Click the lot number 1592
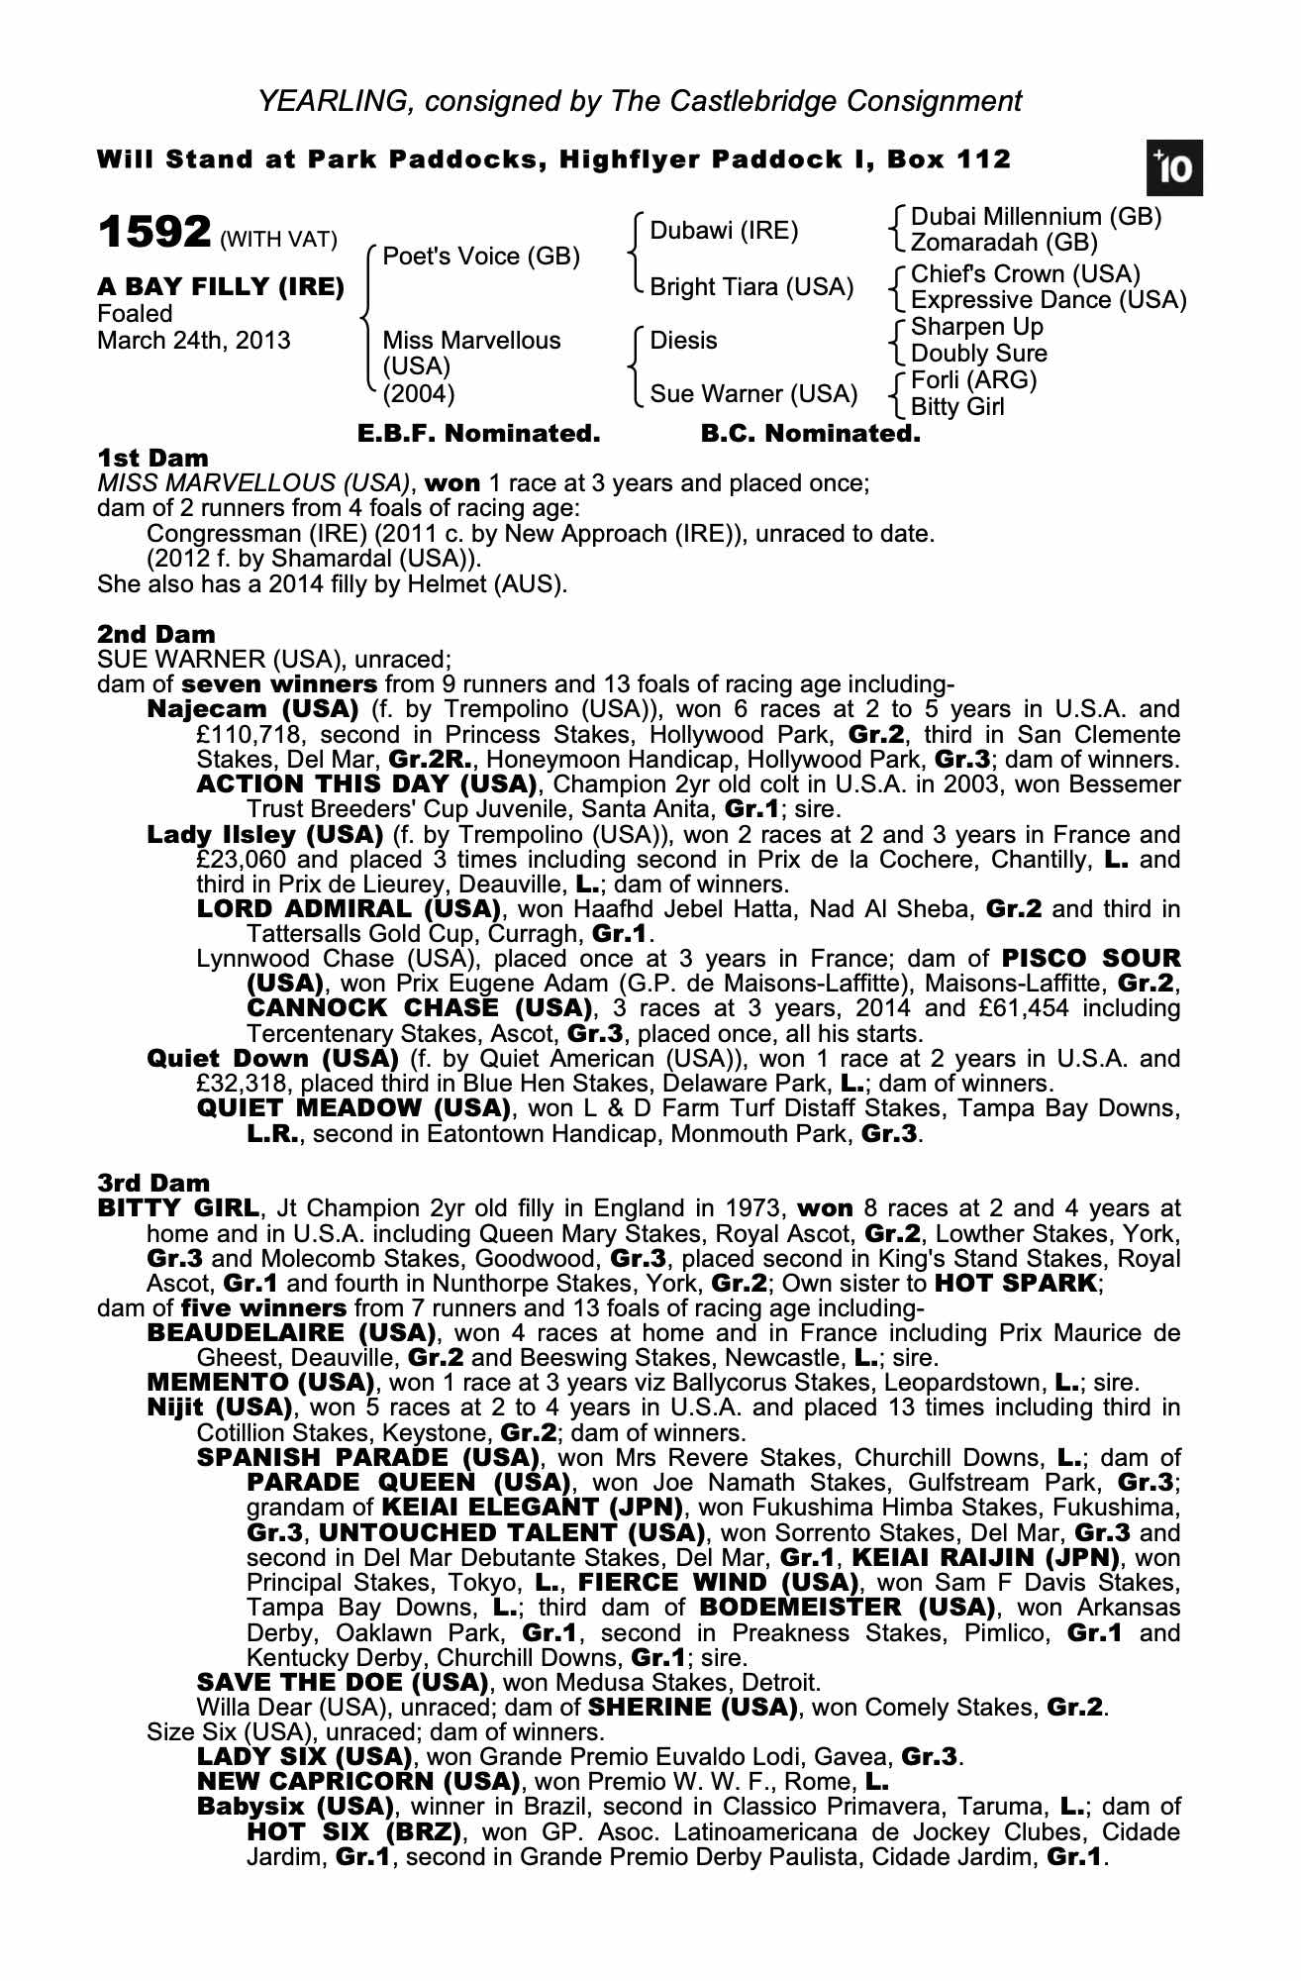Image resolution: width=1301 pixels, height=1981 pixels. [154, 233]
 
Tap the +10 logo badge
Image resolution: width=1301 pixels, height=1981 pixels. [1173, 169]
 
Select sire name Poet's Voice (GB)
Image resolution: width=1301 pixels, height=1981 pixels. [480, 257]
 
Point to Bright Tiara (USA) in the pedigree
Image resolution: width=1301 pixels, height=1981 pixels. [751, 287]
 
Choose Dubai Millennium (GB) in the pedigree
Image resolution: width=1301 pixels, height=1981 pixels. [1036, 217]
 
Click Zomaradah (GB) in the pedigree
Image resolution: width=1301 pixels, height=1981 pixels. [1004, 243]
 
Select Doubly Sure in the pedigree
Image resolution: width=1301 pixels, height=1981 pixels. [978, 354]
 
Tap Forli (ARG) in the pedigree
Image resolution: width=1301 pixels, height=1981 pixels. [973, 380]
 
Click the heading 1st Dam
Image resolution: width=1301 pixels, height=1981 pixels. [153, 459]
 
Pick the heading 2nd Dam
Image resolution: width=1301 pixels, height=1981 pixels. [156, 634]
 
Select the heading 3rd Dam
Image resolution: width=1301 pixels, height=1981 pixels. [154, 1183]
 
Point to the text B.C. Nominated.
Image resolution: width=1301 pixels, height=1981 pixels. [810, 434]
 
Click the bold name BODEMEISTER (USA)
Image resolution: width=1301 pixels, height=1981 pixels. [848, 1607]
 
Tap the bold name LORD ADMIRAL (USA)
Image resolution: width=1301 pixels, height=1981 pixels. [348, 909]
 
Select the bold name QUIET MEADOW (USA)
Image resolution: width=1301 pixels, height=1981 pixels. [353, 1108]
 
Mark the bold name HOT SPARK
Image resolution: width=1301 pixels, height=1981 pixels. [1017, 1284]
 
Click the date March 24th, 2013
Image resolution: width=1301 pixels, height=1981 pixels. [194, 341]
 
